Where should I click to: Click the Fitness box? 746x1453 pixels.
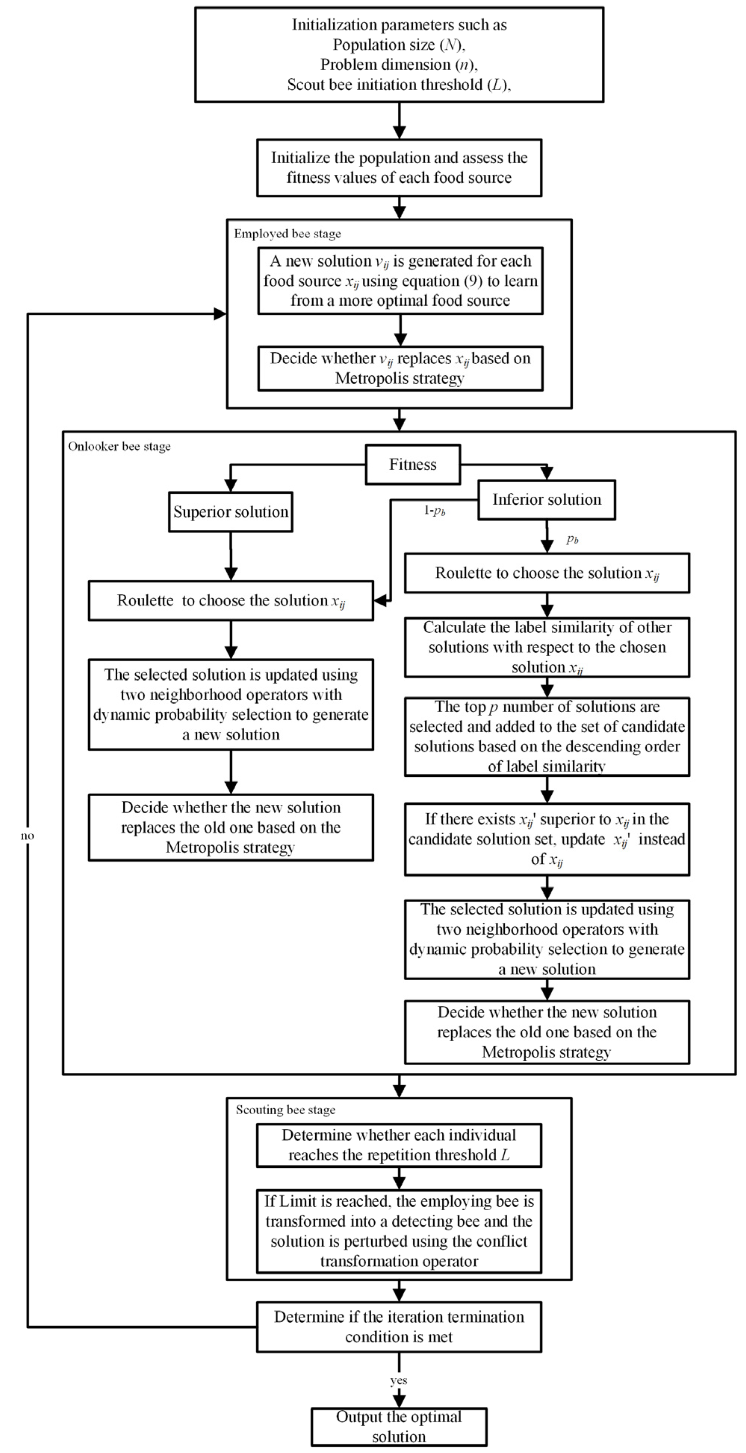point(412,464)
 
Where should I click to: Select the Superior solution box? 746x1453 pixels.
point(230,512)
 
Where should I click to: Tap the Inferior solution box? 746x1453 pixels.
point(546,499)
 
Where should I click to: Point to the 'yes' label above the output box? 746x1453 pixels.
point(398,1380)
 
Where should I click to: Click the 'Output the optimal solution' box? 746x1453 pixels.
point(398,1426)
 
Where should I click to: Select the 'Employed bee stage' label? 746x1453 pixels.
point(287,233)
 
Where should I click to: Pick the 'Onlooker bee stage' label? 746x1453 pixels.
point(119,446)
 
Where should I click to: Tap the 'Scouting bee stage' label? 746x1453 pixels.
point(285,1109)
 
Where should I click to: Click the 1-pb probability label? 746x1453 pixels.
point(434,510)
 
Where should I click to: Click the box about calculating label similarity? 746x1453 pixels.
point(546,647)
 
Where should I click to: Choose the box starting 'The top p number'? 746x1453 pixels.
point(546,736)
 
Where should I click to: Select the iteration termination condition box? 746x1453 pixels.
point(398,1327)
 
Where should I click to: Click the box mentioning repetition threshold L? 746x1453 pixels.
point(398,1145)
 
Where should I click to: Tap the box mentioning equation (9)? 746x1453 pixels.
point(400,280)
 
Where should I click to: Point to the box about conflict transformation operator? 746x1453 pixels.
point(398,1231)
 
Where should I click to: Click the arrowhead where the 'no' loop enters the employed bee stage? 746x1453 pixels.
point(220,314)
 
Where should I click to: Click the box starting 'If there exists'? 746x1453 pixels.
point(546,839)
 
